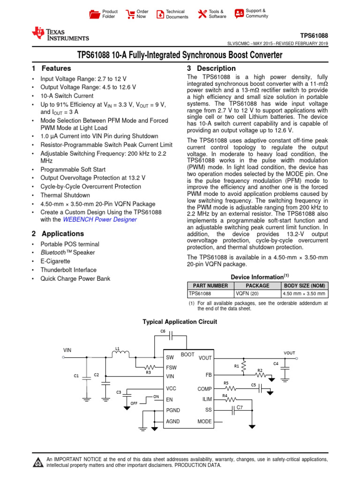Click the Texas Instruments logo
[x=60, y=34]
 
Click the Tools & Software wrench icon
[x=202, y=14]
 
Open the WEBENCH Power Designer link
[x=100, y=219]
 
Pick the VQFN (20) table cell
[x=247, y=294]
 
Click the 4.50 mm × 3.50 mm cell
[x=303, y=294]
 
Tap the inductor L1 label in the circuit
[x=118, y=348]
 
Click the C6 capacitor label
[x=163, y=331]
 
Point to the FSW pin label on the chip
[x=171, y=368]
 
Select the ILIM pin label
[x=207, y=399]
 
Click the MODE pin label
[x=205, y=421]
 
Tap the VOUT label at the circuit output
[x=289, y=353]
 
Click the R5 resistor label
[x=226, y=383]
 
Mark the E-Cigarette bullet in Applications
[x=55, y=261]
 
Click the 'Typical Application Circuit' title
[x=180, y=322]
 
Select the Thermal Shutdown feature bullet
[x=65, y=195]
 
